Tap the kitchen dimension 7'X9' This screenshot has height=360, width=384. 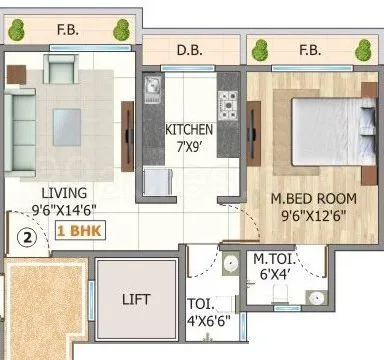(x=188, y=146)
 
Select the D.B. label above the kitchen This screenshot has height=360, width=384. (x=191, y=49)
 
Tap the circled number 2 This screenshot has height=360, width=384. (x=29, y=239)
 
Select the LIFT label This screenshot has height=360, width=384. (x=137, y=299)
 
